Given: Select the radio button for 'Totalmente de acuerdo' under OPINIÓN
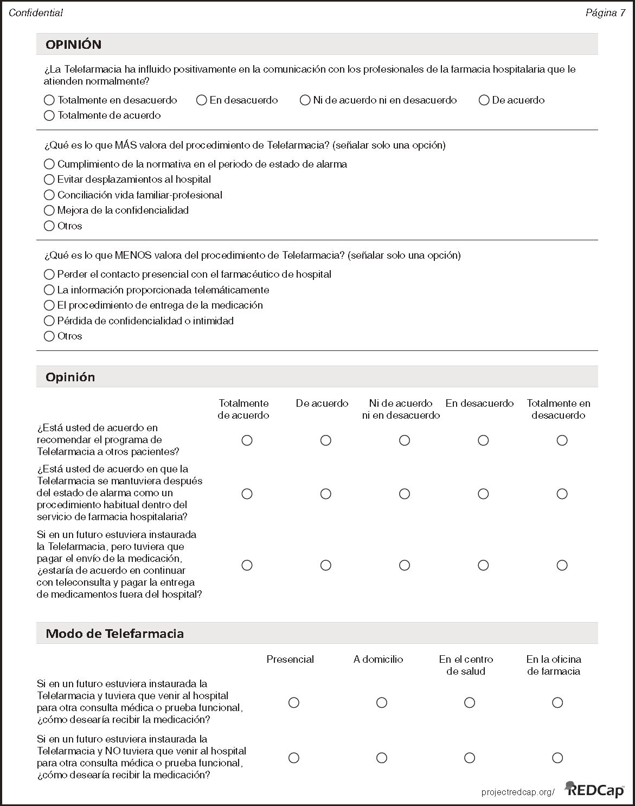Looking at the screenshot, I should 49,116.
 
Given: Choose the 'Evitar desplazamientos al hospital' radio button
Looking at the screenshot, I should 49,180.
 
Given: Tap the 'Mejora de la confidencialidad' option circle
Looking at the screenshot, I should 49,210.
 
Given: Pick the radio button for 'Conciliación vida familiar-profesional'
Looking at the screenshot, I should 49,195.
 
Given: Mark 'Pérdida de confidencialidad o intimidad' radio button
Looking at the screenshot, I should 49,321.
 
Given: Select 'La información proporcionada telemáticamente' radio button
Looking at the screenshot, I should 49,290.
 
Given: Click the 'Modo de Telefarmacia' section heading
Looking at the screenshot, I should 114,634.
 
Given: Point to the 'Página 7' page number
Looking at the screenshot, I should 605,13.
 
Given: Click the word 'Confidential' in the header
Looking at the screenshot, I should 36,13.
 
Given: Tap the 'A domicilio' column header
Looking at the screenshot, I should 378,660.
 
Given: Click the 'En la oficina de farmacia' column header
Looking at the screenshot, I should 554,665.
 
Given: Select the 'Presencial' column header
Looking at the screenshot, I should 290,660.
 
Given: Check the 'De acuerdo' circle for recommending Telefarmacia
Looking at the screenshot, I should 326,440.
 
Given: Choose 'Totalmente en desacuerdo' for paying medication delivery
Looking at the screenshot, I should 562,565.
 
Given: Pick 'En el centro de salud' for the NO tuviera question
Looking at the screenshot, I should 470,758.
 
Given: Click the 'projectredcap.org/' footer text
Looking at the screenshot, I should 518,792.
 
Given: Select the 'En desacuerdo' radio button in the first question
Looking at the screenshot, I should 202,100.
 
